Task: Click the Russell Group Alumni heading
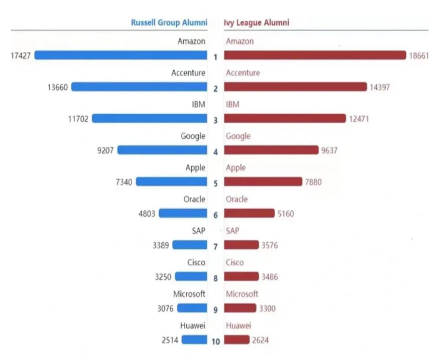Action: [169, 23]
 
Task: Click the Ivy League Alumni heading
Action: [256, 23]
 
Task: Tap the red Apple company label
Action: [236, 168]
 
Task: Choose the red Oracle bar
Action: [250, 213]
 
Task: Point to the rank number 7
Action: [215, 246]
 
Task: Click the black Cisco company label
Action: [195, 262]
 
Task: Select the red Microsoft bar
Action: [240, 308]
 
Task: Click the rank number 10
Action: [215, 342]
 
